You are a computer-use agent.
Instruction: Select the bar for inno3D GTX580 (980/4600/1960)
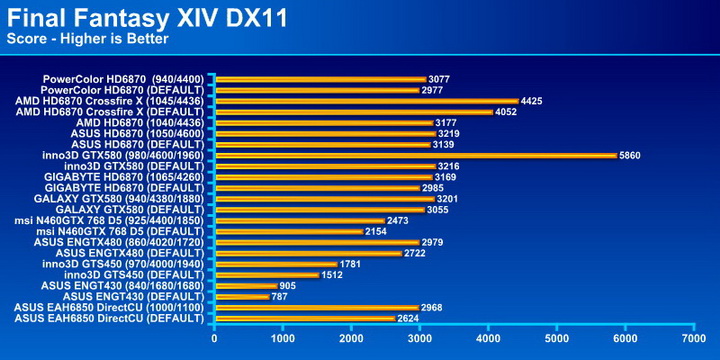point(415,155)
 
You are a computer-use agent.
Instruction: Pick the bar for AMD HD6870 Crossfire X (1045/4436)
point(366,100)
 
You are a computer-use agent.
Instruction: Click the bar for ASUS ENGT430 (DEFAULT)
point(241,296)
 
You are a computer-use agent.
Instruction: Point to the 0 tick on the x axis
point(214,338)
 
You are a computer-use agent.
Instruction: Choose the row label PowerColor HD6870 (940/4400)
point(124,78)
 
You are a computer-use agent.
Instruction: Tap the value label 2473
point(400,220)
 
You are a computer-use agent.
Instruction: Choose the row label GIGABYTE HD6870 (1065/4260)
point(124,176)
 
